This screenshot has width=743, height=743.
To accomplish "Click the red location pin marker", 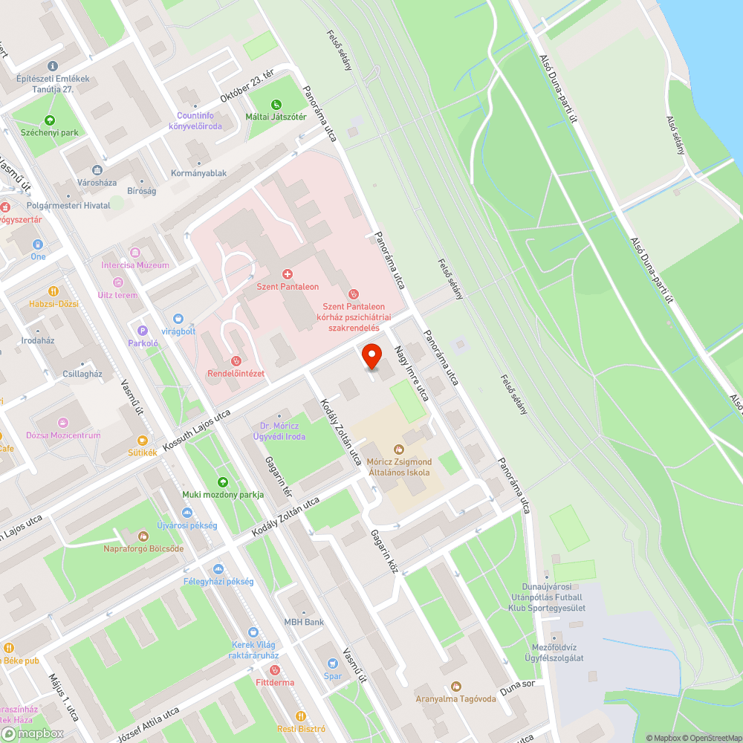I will (x=372, y=356).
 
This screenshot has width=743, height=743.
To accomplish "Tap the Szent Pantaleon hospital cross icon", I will (x=288, y=274).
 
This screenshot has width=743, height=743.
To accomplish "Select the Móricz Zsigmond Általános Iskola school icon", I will (x=398, y=449).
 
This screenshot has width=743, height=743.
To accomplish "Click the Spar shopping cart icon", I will (x=332, y=663).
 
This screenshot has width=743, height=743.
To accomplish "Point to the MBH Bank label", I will (x=303, y=622).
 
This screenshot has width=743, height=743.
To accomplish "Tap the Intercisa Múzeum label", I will (x=135, y=265).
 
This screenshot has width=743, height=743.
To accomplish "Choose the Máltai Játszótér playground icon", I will (x=276, y=105).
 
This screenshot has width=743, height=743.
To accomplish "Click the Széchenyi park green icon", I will (x=50, y=120).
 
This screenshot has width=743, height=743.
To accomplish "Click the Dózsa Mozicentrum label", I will (x=63, y=435).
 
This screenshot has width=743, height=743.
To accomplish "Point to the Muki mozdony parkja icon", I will (x=222, y=482).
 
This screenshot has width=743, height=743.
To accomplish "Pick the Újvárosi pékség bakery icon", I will (x=186, y=513).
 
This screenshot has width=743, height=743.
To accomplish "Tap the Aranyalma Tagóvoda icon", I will (x=455, y=687).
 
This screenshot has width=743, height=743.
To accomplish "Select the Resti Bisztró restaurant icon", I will (x=301, y=716).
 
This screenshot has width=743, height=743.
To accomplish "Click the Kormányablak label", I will (x=198, y=173).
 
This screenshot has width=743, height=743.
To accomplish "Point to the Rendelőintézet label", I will (x=236, y=373).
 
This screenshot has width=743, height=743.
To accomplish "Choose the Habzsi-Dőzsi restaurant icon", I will (x=53, y=291).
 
